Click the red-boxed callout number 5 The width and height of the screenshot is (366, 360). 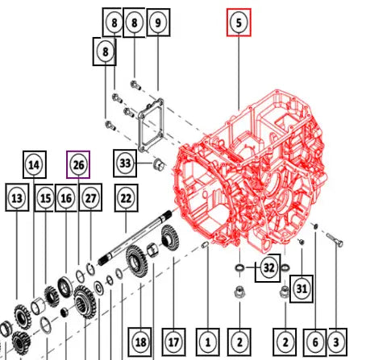[239, 23]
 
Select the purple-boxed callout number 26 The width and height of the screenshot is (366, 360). [78, 164]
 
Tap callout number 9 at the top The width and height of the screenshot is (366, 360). [158, 23]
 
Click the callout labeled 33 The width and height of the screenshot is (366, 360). [125, 163]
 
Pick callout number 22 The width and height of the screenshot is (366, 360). [126, 198]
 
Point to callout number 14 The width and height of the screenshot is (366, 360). [35, 164]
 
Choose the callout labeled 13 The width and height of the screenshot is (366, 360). [17, 197]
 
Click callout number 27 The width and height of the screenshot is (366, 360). [90, 197]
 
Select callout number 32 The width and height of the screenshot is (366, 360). [268, 267]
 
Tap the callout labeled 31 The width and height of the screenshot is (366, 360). [302, 289]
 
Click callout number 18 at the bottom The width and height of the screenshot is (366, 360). [141, 342]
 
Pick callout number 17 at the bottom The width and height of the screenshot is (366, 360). [173, 342]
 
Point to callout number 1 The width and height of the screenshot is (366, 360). [208, 342]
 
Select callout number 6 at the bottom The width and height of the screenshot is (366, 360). [315, 342]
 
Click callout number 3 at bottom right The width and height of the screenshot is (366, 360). [336, 342]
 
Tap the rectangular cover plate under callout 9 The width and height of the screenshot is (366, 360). [152, 125]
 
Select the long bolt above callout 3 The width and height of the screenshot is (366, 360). [335, 240]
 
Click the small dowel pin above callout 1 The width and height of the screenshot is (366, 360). [206, 245]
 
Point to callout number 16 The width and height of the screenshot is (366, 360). [66, 197]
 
